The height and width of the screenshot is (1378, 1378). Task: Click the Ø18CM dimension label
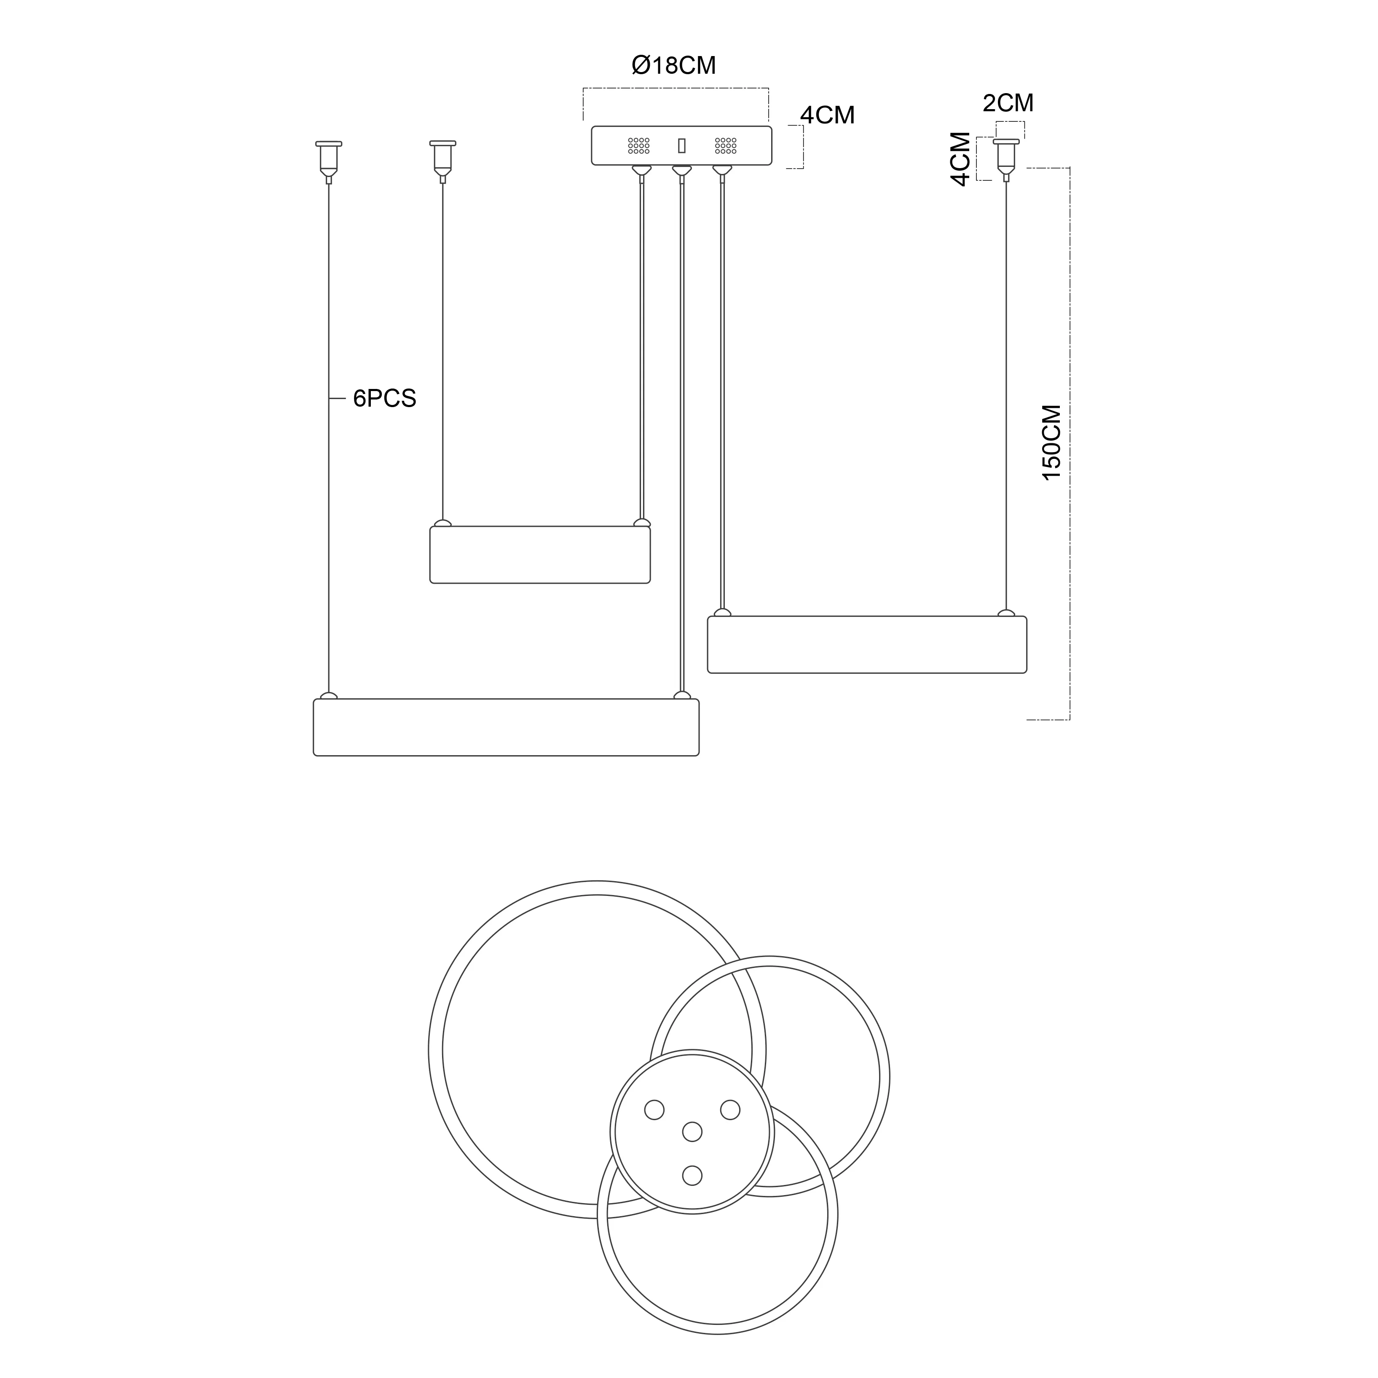[673, 66]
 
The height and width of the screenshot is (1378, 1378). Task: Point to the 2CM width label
[1008, 103]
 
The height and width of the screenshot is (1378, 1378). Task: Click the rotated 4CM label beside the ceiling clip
[961, 158]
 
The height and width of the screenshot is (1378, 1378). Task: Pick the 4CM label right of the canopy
[827, 115]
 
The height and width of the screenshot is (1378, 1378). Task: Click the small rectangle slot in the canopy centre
[682, 145]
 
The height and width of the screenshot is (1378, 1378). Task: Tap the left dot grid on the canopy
[638, 145]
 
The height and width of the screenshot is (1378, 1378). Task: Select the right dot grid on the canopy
[725, 145]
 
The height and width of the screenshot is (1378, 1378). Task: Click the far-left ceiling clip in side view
[329, 161]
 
